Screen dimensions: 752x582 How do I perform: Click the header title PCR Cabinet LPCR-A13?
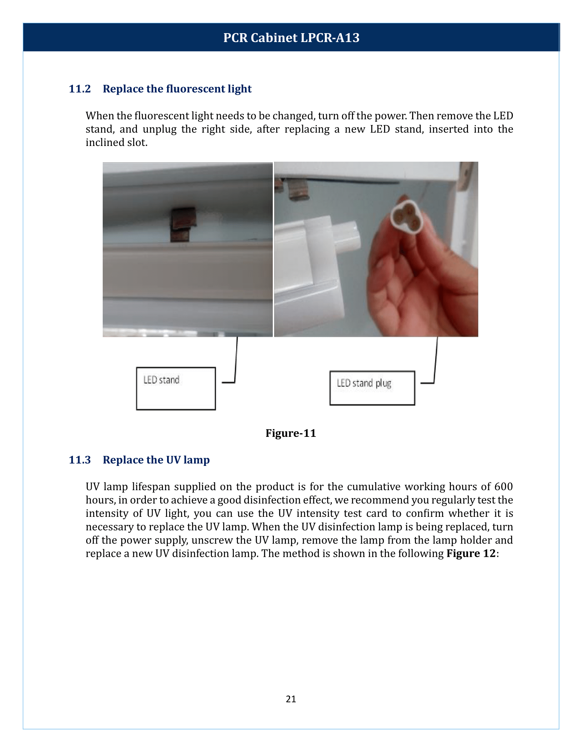(x=291, y=38)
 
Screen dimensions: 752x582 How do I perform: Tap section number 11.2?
(x=80, y=89)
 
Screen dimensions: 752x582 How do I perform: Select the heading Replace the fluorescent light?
(x=177, y=89)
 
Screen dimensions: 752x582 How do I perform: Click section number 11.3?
(x=80, y=460)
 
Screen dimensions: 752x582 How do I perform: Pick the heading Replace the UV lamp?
(x=156, y=460)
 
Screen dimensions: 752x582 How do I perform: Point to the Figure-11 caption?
(x=291, y=433)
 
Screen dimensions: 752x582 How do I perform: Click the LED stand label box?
(x=176, y=388)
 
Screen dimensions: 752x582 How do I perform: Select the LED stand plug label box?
(x=372, y=388)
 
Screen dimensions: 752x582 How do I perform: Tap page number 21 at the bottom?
(x=291, y=699)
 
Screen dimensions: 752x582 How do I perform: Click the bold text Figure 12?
(x=471, y=554)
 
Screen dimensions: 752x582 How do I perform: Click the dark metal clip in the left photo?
(x=183, y=224)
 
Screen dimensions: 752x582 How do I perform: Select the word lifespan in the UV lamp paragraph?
(x=151, y=487)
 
